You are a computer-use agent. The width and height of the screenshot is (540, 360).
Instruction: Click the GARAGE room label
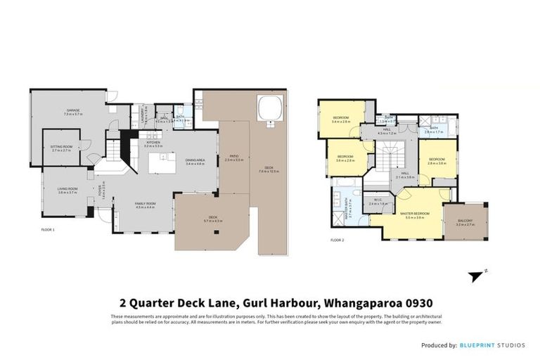(x=72, y=110)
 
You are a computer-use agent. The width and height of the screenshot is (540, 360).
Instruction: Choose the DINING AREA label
(x=195, y=160)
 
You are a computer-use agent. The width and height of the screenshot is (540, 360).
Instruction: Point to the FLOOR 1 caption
(x=48, y=230)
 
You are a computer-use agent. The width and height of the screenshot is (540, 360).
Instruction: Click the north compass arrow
(x=479, y=275)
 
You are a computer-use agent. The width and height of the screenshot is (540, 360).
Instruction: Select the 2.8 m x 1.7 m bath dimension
(x=433, y=132)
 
